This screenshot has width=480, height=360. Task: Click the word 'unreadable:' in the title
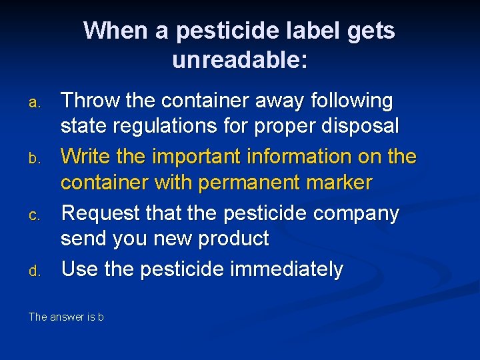(x=240, y=60)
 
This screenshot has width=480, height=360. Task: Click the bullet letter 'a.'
(x=36, y=103)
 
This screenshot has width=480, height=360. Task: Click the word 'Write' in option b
(x=87, y=157)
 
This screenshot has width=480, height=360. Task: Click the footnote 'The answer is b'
(x=66, y=317)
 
